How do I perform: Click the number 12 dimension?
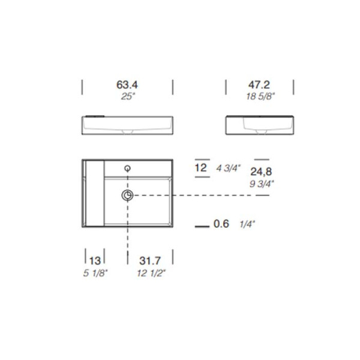coord(201,168)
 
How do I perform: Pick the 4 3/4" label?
coord(228,169)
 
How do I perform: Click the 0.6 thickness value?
coord(222,225)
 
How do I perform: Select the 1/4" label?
coord(247,225)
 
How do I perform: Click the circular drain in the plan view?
coord(128,196)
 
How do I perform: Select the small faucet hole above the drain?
coord(128,169)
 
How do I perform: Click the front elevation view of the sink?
coord(127,125)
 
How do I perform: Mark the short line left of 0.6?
coord(202,226)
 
